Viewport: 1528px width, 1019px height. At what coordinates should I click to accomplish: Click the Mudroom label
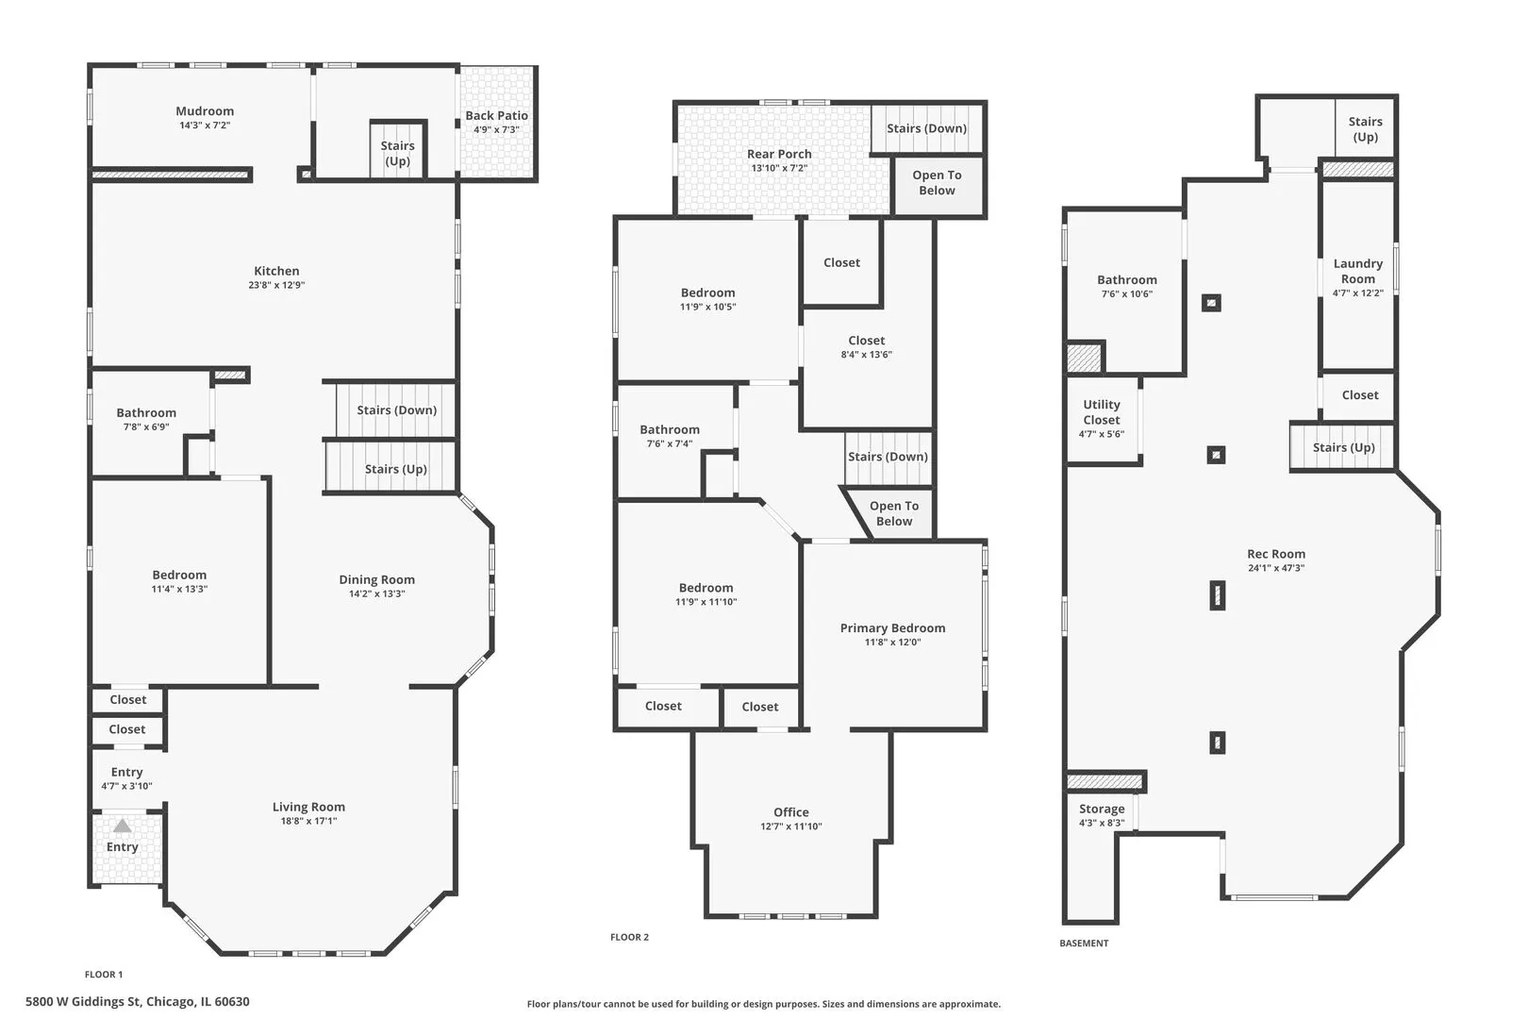click(205, 111)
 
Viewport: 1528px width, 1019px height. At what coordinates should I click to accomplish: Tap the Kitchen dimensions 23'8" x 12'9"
click(276, 285)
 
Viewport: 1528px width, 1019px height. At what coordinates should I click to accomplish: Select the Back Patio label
click(496, 116)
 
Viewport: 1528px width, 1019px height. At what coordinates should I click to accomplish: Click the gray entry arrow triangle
click(122, 826)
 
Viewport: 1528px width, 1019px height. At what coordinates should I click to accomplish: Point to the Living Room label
click(308, 807)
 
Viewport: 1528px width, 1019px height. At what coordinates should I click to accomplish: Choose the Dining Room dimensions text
click(376, 593)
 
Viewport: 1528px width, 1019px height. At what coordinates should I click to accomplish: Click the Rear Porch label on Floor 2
click(779, 154)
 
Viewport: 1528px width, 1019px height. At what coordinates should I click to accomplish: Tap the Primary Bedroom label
click(892, 628)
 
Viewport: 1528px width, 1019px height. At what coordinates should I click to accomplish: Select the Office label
click(791, 812)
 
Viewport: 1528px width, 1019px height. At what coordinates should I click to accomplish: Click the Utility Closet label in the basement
click(1102, 412)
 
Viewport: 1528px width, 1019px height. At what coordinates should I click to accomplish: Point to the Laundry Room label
click(1358, 271)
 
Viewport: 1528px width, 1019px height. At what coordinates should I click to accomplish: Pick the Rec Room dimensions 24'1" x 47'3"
click(1276, 568)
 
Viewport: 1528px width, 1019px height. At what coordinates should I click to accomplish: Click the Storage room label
click(1102, 809)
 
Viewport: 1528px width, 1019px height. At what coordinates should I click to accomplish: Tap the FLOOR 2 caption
click(630, 937)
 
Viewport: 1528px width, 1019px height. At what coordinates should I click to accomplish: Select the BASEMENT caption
click(1084, 944)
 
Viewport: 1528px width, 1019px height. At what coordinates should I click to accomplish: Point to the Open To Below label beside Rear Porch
click(937, 183)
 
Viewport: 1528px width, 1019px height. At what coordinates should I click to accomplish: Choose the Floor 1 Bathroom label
click(146, 413)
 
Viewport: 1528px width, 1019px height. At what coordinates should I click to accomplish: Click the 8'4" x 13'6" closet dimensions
click(866, 354)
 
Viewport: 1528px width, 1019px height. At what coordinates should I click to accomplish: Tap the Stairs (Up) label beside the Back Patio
click(398, 154)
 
